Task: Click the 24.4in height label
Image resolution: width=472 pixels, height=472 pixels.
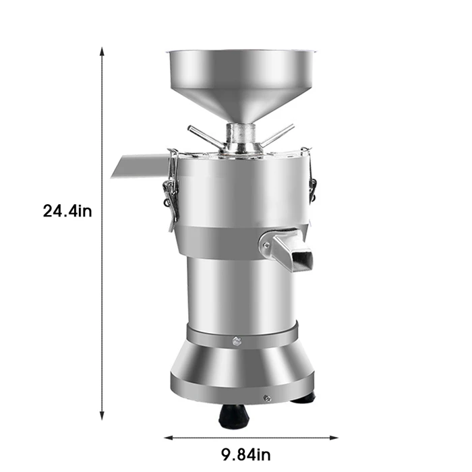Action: coord(67,210)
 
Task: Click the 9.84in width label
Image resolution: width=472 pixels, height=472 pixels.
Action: coord(246,454)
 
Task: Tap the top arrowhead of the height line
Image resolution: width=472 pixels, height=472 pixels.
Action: coord(102,51)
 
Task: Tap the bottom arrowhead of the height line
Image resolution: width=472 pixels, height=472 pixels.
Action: coord(102,416)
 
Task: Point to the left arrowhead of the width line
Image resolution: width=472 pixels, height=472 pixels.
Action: coord(169,438)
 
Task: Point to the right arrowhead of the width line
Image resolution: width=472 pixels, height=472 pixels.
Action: coord(334,438)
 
